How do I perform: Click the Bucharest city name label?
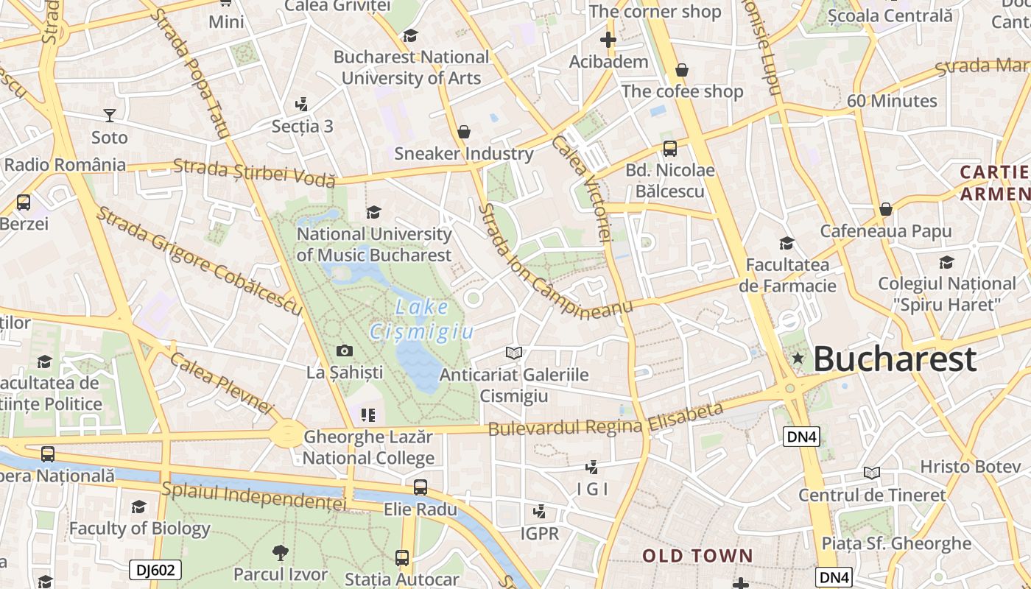895,359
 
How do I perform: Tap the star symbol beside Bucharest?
797,359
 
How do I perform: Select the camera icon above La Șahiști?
345,351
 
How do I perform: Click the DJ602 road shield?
155,569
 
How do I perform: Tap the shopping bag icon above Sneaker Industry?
464,132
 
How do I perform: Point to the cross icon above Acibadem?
608,40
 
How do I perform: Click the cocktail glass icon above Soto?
110,115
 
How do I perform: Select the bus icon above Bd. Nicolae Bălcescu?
670,149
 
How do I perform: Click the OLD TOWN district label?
697,556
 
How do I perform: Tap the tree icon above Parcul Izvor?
280,552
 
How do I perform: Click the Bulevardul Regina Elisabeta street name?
605,420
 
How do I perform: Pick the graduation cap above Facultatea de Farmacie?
787,243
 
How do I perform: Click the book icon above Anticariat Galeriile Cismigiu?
514,353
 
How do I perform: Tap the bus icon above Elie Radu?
420,487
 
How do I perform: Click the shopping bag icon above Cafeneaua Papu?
886,209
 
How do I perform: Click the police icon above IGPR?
540,511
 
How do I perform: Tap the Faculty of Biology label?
140,529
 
